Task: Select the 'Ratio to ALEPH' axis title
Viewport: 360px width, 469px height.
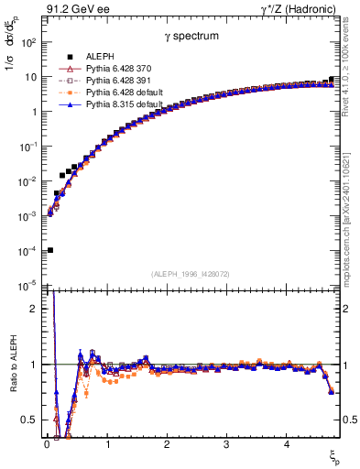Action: click(x=14, y=365)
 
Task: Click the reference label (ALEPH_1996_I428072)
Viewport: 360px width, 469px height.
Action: click(x=190, y=274)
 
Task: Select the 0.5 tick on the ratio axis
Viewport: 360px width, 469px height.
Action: click(x=31, y=420)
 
